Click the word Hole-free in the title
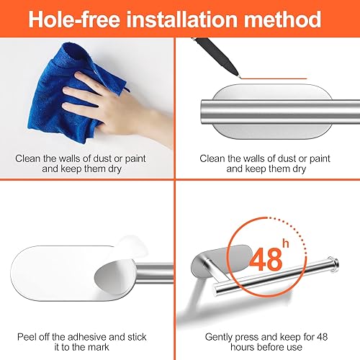[74, 19]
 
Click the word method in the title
[282, 19]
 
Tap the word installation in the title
[182, 19]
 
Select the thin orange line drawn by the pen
[274, 78]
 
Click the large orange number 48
[266, 259]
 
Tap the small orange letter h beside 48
[286, 243]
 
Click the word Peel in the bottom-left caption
[26, 337]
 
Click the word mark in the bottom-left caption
[98, 347]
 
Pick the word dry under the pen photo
[299, 169]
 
